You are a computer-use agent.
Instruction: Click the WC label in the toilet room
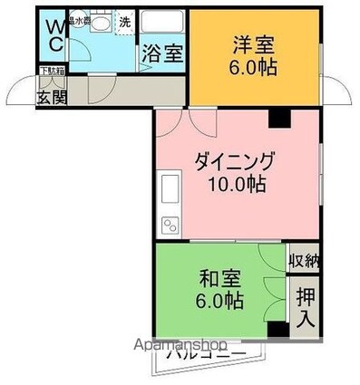pos(54,35)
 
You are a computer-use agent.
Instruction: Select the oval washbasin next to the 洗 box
pos(101,24)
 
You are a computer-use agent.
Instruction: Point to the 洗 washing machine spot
pos(124,22)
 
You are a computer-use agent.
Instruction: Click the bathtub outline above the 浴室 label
pos(164,24)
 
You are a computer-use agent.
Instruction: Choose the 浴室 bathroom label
pos(163,53)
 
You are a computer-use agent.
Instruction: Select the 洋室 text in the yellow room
pos(254,44)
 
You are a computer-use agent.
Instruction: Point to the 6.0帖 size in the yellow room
pos(254,67)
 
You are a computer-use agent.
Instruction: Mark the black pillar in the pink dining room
pos(277,117)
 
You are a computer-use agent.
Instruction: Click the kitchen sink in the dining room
pos(169,193)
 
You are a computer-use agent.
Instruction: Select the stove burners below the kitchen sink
pos(168,224)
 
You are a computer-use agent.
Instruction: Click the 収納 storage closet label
pos(304,261)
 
